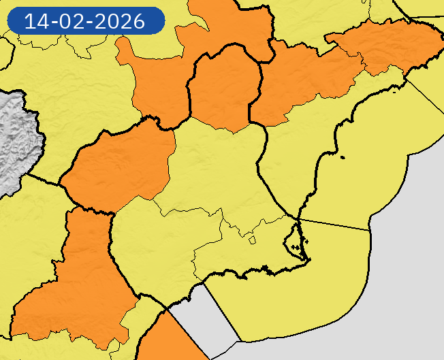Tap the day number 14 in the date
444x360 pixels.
35,21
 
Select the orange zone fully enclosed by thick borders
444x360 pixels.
225,88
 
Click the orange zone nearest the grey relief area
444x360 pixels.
119,167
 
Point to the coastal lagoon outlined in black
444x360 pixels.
294,240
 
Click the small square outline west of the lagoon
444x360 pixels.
252,240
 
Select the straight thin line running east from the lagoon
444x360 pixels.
334,225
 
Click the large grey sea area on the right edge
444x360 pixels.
415,259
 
